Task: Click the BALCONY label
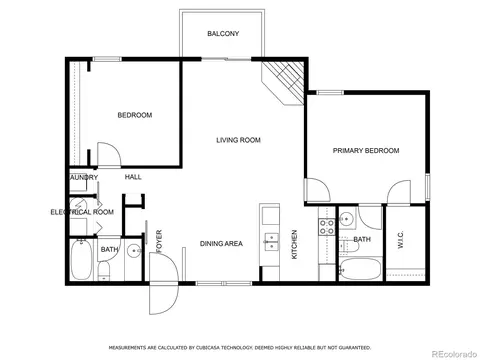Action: [x=223, y=34]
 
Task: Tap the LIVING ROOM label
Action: [x=238, y=140]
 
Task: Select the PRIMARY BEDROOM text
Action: [x=366, y=151]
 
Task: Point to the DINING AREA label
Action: [x=221, y=244]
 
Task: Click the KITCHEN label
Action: [x=294, y=244]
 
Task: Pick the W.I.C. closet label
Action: [x=401, y=239]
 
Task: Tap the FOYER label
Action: [x=159, y=241]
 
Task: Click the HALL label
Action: [x=133, y=177]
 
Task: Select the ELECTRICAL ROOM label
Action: [x=82, y=212]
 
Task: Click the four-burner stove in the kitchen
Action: [x=327, y=227]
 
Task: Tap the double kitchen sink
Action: [x=272, y=242]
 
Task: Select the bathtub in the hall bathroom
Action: [x=81, y=260]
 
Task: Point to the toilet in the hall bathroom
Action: [x=104, y=270]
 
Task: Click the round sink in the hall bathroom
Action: [x=134, y=251]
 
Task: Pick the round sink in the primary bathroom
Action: [x=346, y=219]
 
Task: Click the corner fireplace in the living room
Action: [x=283, y=83]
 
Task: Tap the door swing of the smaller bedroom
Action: [x=109, y=154]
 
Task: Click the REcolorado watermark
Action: [x=454, y=354]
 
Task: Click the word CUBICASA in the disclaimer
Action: [x=203, y=348]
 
